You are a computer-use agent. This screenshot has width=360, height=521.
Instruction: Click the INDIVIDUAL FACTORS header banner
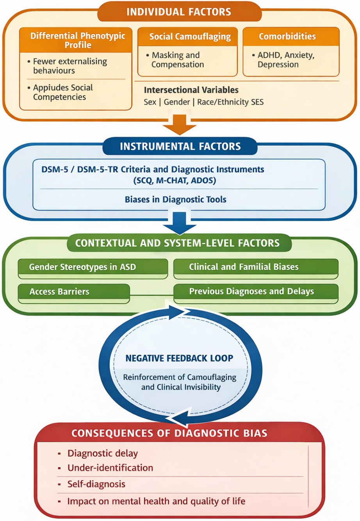point(180,11)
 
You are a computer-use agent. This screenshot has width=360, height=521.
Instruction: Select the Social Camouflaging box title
point(190,37)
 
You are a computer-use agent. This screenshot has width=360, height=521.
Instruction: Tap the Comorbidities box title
point(287,36)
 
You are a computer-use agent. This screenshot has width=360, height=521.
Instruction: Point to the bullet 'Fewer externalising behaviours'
point(70,66)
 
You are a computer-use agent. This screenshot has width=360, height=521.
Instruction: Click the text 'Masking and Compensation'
point(178,60)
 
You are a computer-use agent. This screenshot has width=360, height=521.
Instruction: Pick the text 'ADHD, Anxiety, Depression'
point(286,60)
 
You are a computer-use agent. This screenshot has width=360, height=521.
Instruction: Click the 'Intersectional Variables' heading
point(191,90)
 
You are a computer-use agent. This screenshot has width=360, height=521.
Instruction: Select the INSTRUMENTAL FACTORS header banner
point(180,146)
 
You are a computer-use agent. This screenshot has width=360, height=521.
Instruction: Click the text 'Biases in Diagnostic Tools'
point(175,199)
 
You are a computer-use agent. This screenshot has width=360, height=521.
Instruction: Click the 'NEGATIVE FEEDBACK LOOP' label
point(179,358)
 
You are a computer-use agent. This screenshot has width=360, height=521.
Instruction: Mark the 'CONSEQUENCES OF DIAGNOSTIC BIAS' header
point(169,433)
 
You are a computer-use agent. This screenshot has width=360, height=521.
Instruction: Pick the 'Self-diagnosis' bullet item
point(96,484)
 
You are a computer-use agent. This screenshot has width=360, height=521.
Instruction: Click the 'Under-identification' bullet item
point(110,468)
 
